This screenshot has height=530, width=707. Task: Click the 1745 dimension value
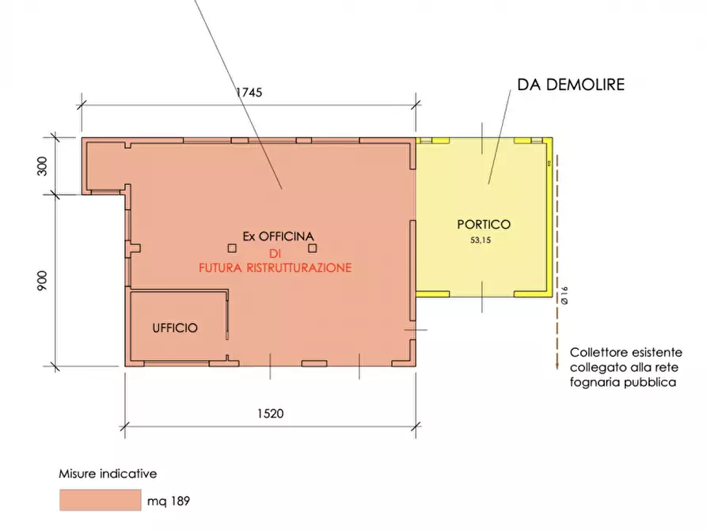click(249, 93)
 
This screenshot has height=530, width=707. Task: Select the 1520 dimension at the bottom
click(270, 413)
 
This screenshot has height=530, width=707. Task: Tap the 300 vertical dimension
click(43, 165)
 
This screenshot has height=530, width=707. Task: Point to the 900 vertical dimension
click(43, 280)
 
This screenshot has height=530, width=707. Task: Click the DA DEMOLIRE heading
click(570, 85)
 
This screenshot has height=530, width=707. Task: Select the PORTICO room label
click(483, 224)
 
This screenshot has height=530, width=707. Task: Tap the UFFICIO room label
click(175, 327)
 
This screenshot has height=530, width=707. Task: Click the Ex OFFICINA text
click(279, 237)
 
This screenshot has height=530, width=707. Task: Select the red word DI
click(275, 253)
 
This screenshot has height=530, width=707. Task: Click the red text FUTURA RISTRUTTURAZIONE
click(275, 268)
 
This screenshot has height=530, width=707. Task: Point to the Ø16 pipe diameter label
click(564, 295)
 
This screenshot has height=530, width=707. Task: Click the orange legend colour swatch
click(97, 500)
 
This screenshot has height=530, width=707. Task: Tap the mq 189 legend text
click(169, 501)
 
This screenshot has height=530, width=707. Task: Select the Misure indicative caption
click(108, 474)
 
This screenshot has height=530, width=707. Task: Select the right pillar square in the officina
click(313, 246)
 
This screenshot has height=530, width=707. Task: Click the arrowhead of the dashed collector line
click(557, 365)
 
